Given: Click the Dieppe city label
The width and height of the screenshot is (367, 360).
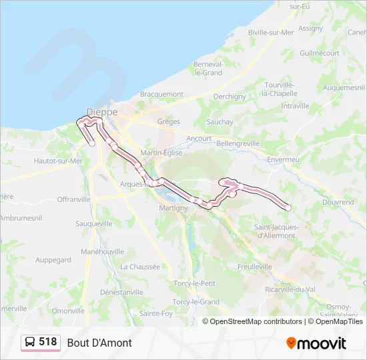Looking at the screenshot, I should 102,111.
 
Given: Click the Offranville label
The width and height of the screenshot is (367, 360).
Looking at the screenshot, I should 73,199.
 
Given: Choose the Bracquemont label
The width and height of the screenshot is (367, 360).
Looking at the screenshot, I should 161,95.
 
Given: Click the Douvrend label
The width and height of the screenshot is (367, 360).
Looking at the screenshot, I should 338,201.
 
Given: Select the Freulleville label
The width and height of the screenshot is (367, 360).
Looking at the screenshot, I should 254,266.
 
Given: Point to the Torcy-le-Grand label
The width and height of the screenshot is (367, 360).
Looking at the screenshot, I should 196,301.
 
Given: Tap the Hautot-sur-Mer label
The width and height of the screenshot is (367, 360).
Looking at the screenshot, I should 58,161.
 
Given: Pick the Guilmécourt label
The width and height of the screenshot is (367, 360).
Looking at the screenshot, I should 320,53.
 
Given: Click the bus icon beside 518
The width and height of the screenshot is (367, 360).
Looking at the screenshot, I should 30,342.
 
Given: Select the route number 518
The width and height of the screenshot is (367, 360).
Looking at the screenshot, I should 48,342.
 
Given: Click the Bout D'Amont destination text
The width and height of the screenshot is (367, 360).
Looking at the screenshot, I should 99,343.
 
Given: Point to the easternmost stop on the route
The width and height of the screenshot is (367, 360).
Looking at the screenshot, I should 288,207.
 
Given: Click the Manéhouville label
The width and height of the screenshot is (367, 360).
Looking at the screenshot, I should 102,251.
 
